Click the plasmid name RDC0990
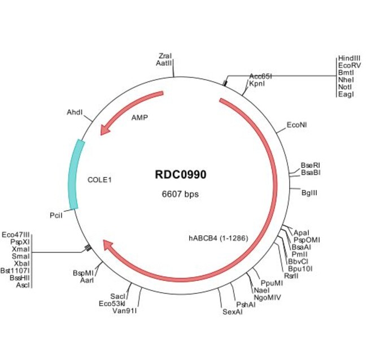180,175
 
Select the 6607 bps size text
180,194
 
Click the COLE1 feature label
100,180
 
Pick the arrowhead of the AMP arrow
104,131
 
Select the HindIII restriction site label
349,59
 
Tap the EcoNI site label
297,124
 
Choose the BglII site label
309,193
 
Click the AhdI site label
75,113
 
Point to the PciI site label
56,215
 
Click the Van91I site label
125,310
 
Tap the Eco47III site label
15,234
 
